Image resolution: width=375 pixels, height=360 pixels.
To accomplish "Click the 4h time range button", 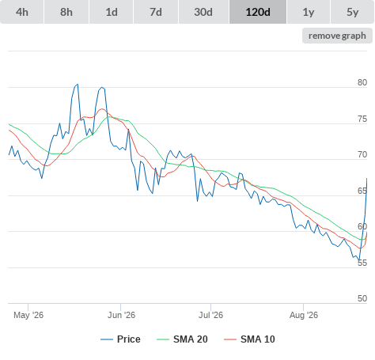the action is (22, 12).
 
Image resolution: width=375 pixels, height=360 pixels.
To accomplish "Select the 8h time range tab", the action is (66, 12).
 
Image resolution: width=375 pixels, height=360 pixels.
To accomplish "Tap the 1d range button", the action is (112, 12).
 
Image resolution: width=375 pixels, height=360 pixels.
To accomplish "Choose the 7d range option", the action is (156, 12).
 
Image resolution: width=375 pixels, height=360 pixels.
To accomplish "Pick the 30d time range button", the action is (203, 12).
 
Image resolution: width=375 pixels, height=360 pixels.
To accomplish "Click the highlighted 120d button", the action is (258, 12).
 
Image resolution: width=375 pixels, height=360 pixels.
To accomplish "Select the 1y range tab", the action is (309, 12).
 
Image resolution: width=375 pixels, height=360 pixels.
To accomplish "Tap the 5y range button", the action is (353, 12).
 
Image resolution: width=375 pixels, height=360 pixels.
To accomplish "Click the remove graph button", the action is (337, 36).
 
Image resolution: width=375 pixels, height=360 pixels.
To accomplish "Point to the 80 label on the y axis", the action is (362, 82).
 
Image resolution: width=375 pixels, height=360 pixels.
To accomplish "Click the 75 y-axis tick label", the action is (362, 119).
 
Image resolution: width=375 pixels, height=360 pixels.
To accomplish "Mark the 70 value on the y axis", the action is (362, 154).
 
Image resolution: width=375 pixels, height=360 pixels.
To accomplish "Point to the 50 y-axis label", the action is (362, 298).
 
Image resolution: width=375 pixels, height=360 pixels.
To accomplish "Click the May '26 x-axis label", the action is (28, 315).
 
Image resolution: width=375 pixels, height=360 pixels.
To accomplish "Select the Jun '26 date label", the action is (121, 315).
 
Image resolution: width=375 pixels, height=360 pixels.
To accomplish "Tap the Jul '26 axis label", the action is (210, 315).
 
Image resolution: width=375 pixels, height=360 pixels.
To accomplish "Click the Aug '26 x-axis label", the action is (304, 315).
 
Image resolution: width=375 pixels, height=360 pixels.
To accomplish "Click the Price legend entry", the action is (120, 339).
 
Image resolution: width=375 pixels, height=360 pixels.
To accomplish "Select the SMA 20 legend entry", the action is (182, 339).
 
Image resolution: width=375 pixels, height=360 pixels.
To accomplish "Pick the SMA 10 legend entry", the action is (249, 339).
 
